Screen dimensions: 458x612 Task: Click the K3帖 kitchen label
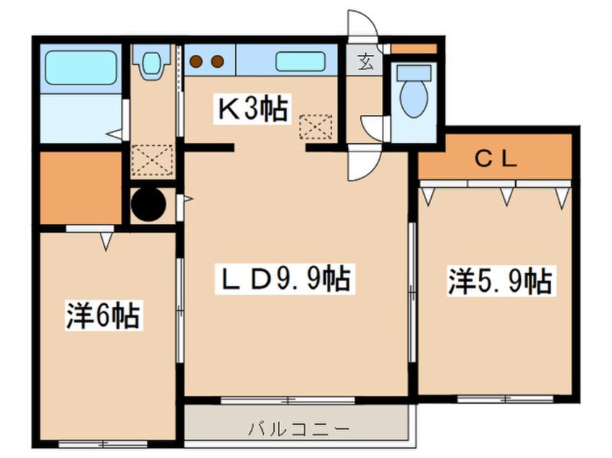(254, 109)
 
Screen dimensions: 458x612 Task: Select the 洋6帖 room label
(103, 316)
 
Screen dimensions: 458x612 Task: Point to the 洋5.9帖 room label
(500, 281)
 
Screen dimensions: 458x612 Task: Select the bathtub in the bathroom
(82, 68)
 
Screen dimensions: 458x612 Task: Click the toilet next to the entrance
(413, 92)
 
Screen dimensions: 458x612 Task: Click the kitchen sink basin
(299, 61)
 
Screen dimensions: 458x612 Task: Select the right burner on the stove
(217, 61)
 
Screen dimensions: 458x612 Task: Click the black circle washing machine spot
(148, 204)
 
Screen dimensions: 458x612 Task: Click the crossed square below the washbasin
(152, 159)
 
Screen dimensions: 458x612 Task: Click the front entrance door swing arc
(361, 25)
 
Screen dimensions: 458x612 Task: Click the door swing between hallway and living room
(361, 165)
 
